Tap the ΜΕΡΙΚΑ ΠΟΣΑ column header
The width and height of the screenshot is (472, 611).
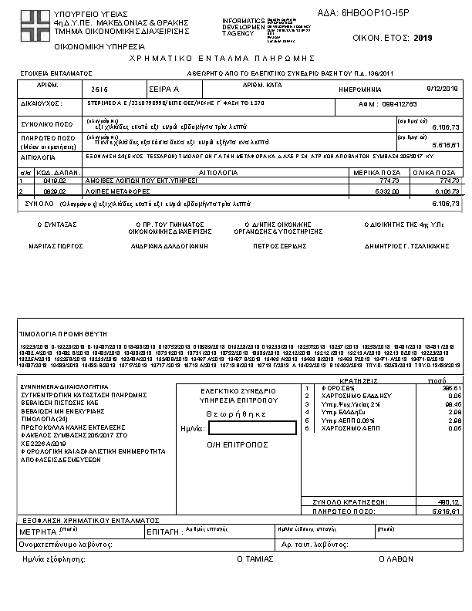click(x=380, y=173)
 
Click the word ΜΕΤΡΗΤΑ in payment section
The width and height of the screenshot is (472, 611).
click(x=38, y=532)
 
